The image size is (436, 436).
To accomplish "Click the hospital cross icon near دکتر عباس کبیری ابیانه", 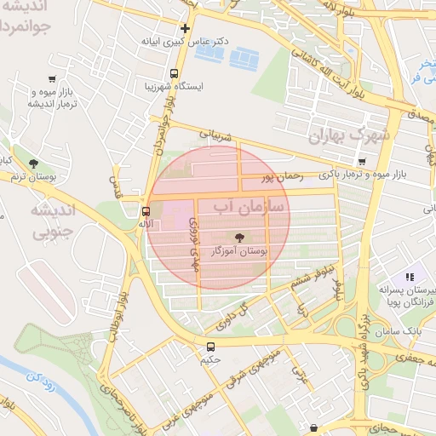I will (185, 28).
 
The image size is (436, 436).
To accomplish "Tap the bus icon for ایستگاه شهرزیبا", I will (174, 74).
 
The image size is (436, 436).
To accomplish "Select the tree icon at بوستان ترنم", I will (33, 163).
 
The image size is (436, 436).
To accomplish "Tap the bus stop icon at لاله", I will (146, 210).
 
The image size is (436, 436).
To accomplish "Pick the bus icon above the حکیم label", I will (210, 347).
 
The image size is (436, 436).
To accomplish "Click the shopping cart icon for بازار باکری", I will (363, 162).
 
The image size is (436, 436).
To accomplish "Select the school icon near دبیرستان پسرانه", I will (409, 277).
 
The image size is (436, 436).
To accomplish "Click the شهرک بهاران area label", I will (349, 135).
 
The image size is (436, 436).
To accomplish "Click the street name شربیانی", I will (215, 133).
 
